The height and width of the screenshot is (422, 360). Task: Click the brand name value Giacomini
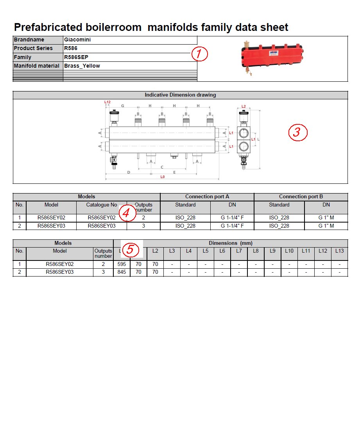coord(77,40)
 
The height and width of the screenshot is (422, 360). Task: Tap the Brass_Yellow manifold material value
coord(82,66)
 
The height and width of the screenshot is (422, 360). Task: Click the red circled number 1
coord(199,54)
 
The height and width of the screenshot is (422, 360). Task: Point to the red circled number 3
coord(298,133)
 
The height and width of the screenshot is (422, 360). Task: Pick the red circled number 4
coord(127,213)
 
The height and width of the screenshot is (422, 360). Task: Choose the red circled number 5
coord(131,249)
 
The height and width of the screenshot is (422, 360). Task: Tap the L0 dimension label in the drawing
coord(162,177)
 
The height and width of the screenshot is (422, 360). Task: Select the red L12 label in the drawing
coord(107,102)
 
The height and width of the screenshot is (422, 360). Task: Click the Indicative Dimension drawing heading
coord(180,95)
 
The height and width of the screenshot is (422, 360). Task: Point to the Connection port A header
coord(207,196)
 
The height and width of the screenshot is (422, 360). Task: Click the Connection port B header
coord(301,196)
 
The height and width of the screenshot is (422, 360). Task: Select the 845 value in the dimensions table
coord(122,272)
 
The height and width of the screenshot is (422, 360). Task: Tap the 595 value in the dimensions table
coord(122,264)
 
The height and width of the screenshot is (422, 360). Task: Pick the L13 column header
coord(339,251)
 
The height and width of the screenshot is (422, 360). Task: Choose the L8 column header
coord(256,251)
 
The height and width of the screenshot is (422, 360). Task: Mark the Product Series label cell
coord(33,48)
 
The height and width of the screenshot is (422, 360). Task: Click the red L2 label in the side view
coord(244,106)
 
